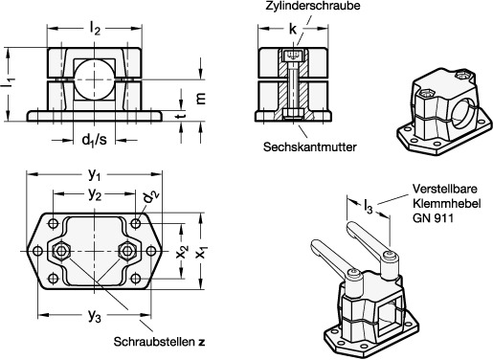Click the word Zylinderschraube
click(x=313, y=6)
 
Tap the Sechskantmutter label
click(x=310, y=146)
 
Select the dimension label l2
click(x=95, y=29)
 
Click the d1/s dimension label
click(x=94, y=140)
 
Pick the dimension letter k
click(x=293, y=29)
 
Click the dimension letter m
click(x=200, y=99)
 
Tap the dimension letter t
click(x=181, y=115)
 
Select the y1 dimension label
click(x=95, y=174)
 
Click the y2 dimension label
click(x=95, y=194)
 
